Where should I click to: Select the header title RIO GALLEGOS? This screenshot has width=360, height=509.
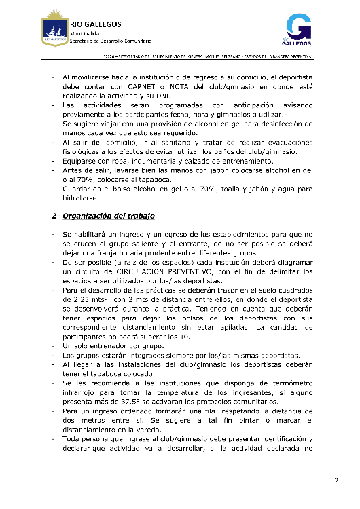[x=95, y=24]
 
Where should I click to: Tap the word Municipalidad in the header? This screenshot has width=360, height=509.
[x=86, y=33]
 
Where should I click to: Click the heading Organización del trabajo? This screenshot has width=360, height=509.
[x=109, y=216]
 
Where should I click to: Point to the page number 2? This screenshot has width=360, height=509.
[x=336, y=481]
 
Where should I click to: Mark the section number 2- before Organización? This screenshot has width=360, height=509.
[x=54, y=216]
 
